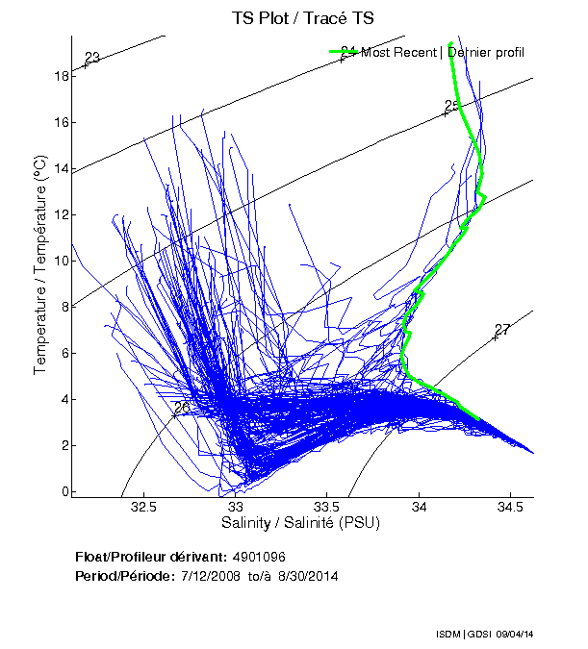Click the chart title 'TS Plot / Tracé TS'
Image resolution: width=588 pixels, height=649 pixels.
[302, 17]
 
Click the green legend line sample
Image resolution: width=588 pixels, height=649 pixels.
[344, 52]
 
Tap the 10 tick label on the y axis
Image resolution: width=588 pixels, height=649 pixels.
[60, 261]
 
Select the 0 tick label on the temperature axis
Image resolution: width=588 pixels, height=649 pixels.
[63, 491]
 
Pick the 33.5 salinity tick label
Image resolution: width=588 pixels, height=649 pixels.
[328, 507]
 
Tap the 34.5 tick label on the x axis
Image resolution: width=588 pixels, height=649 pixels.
[511, 507]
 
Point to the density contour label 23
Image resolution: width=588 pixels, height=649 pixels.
[92, 59]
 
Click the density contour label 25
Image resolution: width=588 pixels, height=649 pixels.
[452, 106]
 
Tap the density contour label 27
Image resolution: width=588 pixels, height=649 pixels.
[501, 330]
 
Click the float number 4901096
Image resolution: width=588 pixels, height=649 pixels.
[259, 557]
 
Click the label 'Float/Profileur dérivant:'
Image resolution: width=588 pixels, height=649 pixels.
[149, 557]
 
